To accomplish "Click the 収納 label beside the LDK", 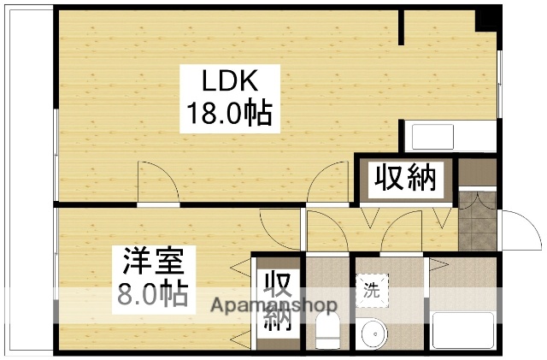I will (405, 179).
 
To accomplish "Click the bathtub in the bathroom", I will (462, 329).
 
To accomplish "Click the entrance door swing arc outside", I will (515, 229).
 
